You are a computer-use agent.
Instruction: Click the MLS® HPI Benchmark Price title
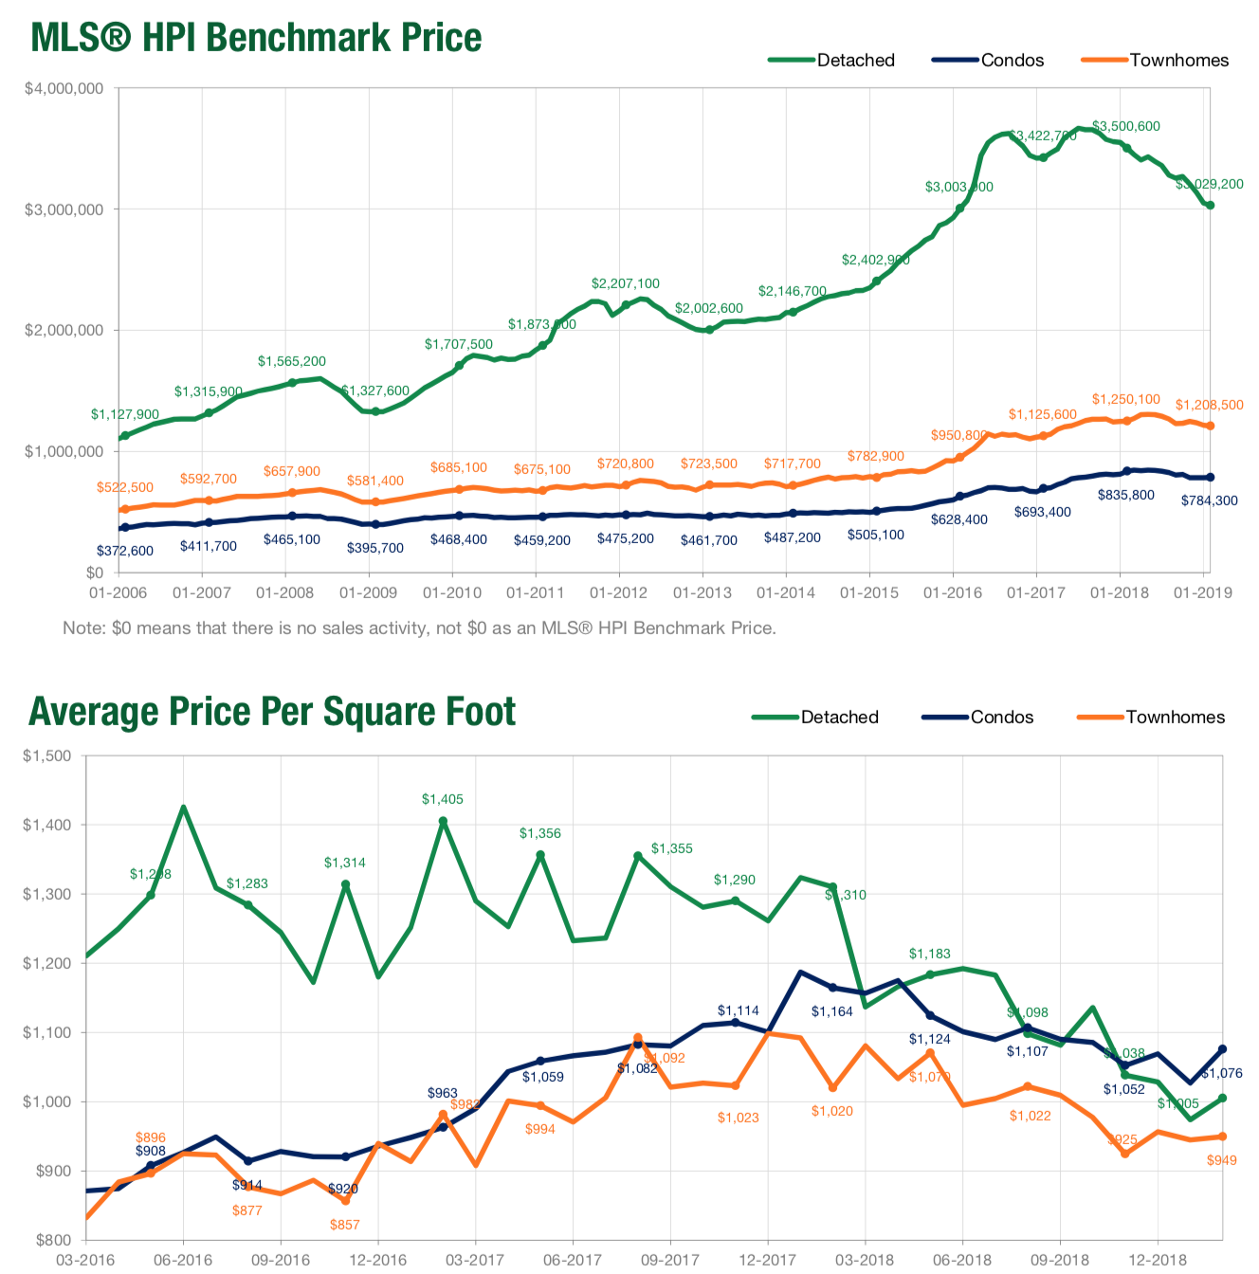coord(256,38)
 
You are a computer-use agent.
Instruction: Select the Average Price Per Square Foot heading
coord(272,712)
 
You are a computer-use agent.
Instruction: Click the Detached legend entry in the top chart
coord(831,60)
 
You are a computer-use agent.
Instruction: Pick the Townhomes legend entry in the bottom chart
coord(1151,718)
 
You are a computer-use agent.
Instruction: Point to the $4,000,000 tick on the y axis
coord(64,89)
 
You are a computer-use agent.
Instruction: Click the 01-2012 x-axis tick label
coord(618,593)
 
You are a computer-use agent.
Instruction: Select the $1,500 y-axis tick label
coord(47,756)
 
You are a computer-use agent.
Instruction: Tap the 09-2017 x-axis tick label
coord(670,1260)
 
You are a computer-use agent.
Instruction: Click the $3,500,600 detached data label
coord(1125,126)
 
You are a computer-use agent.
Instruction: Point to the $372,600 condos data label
coord(124,551)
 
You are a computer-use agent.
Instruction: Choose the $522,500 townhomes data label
coord(124,487)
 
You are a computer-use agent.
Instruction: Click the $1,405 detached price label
coord(443,799)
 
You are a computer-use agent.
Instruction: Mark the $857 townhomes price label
coord(345,1225)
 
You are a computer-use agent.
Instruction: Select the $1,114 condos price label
coord(738,1010)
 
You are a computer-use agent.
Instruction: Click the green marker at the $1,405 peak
coord(443,821)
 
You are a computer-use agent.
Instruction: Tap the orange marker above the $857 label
coord(345,1201)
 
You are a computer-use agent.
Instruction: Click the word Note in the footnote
coord(82,628)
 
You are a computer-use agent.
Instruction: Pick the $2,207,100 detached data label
coord(625,283)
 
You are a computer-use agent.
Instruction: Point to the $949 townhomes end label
coord(1222,1160)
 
